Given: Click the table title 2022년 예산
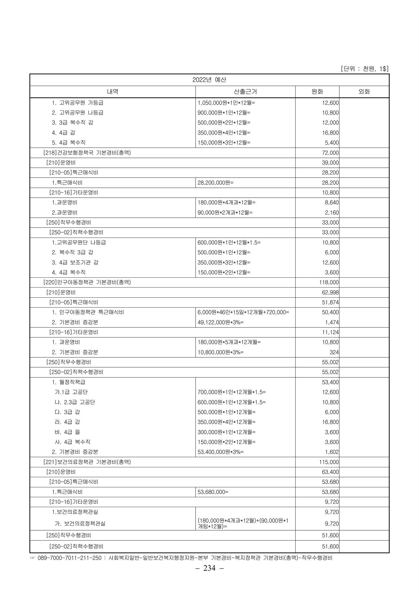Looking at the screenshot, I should [209, 80].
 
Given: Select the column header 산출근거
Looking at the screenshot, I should [245, 91].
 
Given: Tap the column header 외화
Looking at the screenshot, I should [364, 91].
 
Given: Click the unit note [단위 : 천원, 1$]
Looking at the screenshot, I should [364, 69].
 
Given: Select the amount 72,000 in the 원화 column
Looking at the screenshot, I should [330, 153].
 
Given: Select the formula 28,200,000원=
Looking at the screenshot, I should [215, 183].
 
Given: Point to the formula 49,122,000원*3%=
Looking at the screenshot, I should [220, 322].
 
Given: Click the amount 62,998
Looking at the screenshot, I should [330, 292].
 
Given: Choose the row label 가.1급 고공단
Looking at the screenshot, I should [71, 392].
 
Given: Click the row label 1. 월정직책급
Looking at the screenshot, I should [68, 382].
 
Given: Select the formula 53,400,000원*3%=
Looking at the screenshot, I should [220, 452].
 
